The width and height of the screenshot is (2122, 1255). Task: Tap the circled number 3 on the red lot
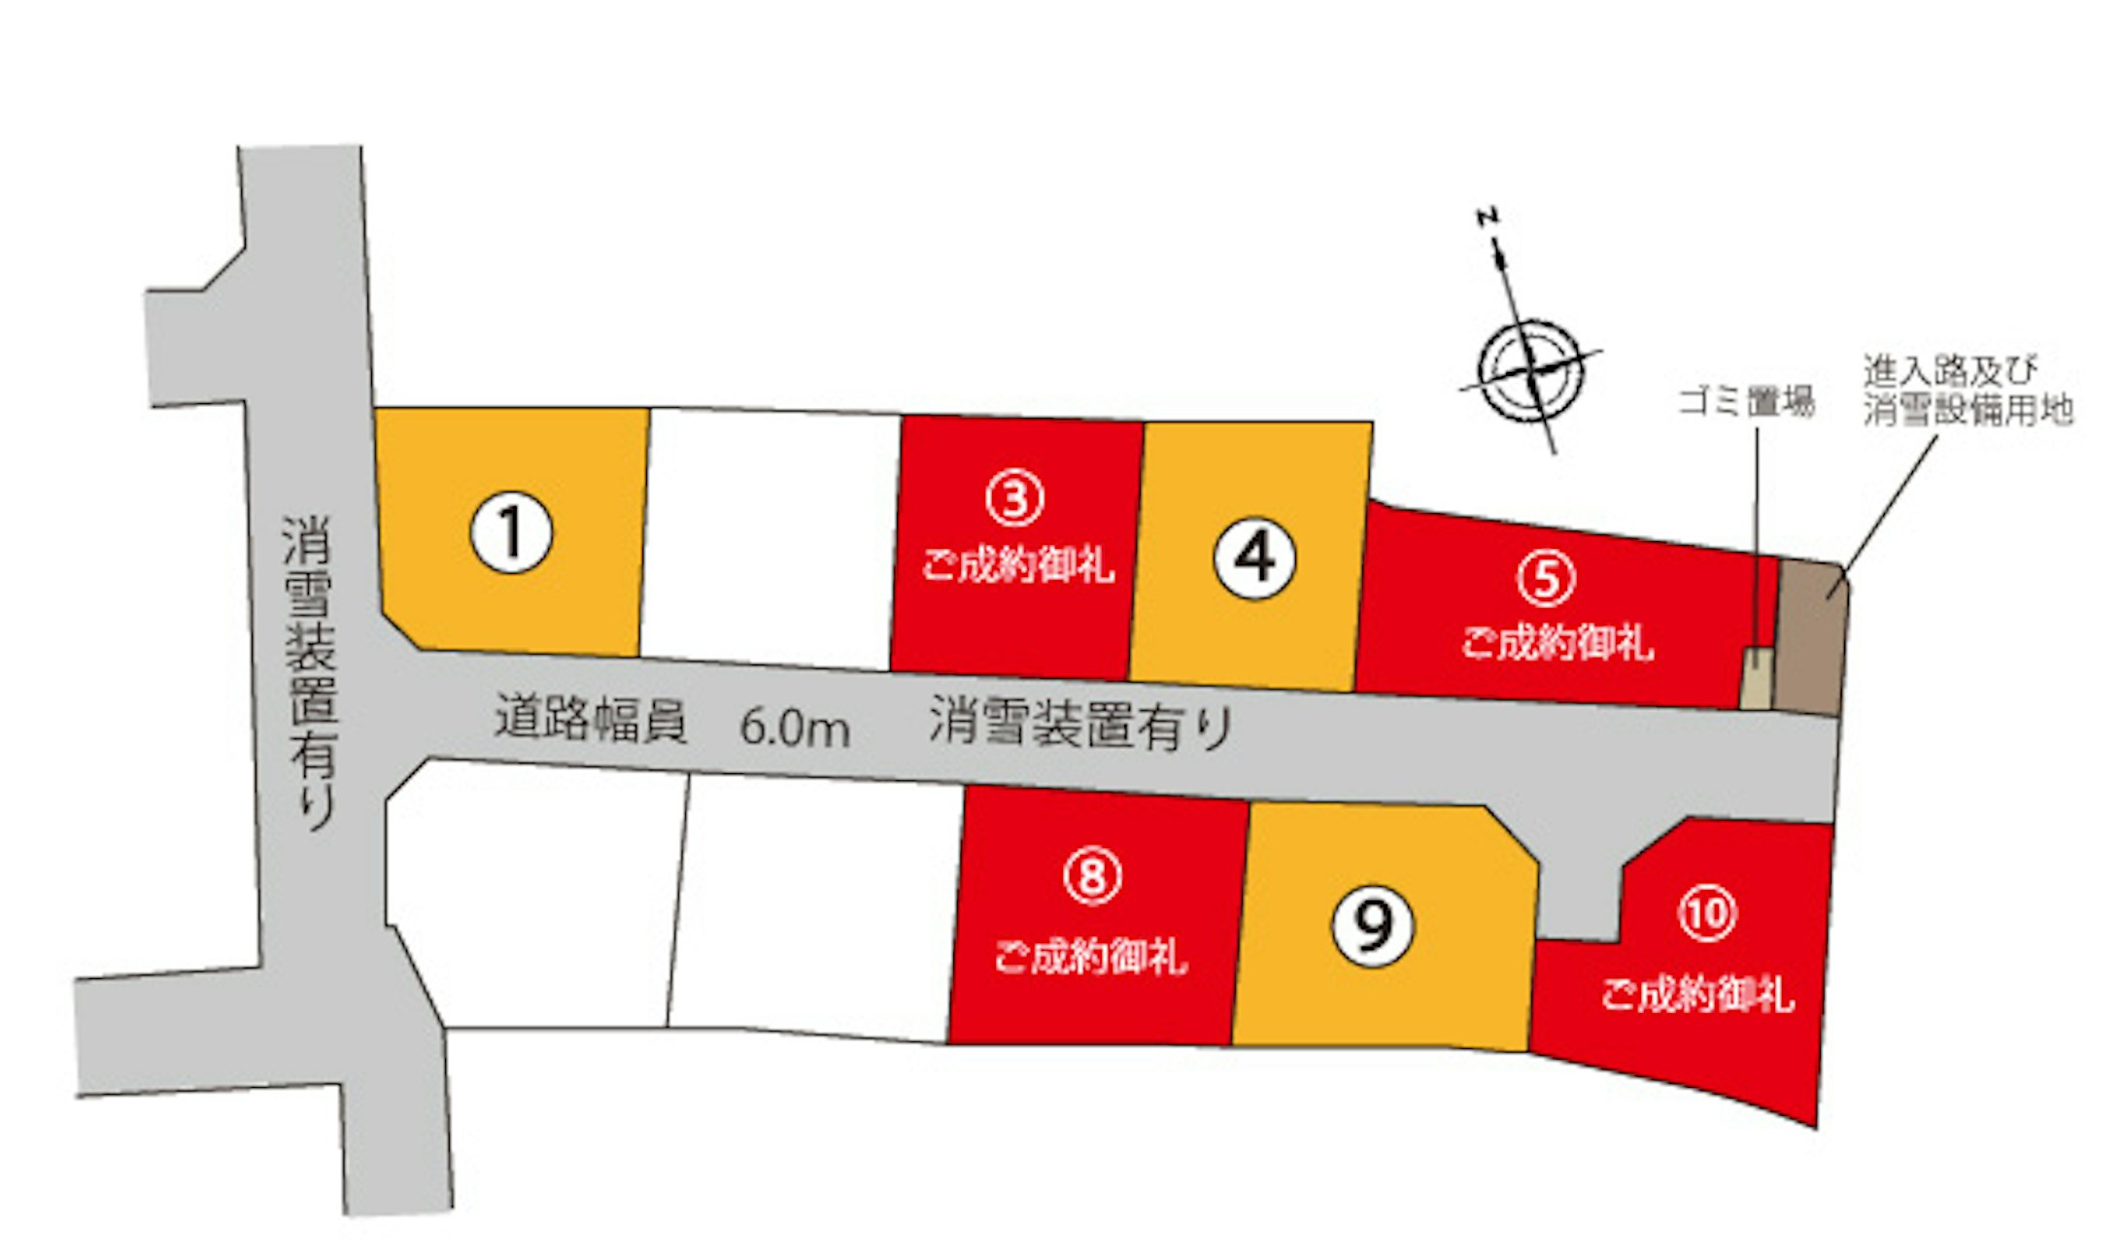tap(1015, 498)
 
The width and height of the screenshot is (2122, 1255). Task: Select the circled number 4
tap(1254, 558)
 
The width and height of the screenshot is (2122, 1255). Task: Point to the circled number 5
tap(1546, 578)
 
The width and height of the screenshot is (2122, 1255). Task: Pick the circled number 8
tap(1093, 876)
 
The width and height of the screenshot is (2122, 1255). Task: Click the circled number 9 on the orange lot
tap(1373, 925)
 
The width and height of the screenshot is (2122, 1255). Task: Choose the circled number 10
tap(1707, 913)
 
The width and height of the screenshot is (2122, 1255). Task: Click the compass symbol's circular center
tap(1530, 370)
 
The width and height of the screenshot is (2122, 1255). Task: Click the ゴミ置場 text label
tap(1746, 401)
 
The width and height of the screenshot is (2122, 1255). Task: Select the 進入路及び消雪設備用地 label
tap(1967, 390)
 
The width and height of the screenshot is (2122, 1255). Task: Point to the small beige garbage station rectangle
tap(1757, 678)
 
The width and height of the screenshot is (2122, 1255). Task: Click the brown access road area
tap(1809, 638)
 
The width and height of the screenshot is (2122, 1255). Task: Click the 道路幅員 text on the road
tap(590, 719)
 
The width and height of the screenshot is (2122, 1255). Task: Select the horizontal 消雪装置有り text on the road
tap(1080, 724)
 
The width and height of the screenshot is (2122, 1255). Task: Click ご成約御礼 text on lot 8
tap(1090, 957)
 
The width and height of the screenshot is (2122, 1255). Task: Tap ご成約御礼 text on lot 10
tap(1696, 995)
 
